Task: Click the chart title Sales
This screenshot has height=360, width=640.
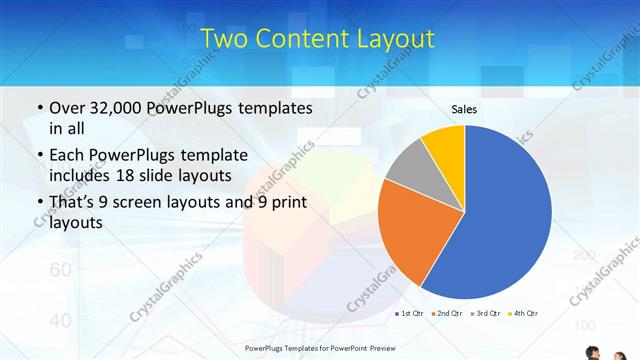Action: coord(464,108)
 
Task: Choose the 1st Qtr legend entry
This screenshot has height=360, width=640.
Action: coord(410,314)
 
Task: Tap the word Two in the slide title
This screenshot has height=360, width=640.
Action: coord(223,39)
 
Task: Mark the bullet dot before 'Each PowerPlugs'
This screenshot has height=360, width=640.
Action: coord(38,156)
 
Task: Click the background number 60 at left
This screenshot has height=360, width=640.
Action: coord(60,270)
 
